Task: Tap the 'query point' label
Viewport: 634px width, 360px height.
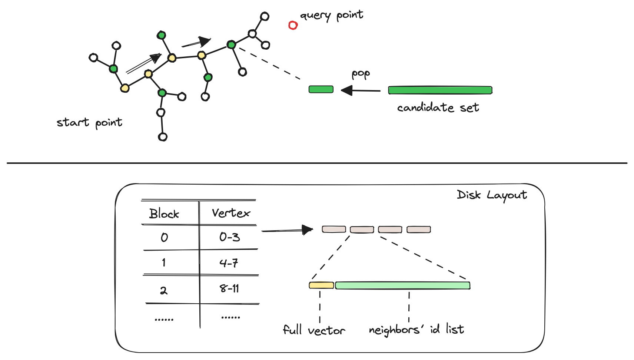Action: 332,16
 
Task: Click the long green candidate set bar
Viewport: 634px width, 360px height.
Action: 440,90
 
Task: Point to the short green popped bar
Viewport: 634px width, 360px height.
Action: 321,89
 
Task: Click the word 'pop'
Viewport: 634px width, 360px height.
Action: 361,74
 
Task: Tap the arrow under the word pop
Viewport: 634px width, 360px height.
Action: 361,90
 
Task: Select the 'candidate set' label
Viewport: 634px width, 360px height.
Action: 438,108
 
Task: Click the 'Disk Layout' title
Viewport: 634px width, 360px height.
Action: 492,195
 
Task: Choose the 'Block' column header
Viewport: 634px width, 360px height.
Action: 164,214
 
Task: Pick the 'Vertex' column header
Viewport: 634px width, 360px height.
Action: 231,213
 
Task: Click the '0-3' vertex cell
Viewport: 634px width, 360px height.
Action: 229,237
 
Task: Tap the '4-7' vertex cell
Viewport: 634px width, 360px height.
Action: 229,263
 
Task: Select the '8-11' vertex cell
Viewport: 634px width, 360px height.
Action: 229,288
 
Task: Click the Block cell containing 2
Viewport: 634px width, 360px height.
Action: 163,291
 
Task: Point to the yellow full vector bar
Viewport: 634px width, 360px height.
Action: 321,285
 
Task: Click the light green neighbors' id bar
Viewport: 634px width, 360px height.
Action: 403,285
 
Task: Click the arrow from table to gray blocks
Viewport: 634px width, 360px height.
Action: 287,230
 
